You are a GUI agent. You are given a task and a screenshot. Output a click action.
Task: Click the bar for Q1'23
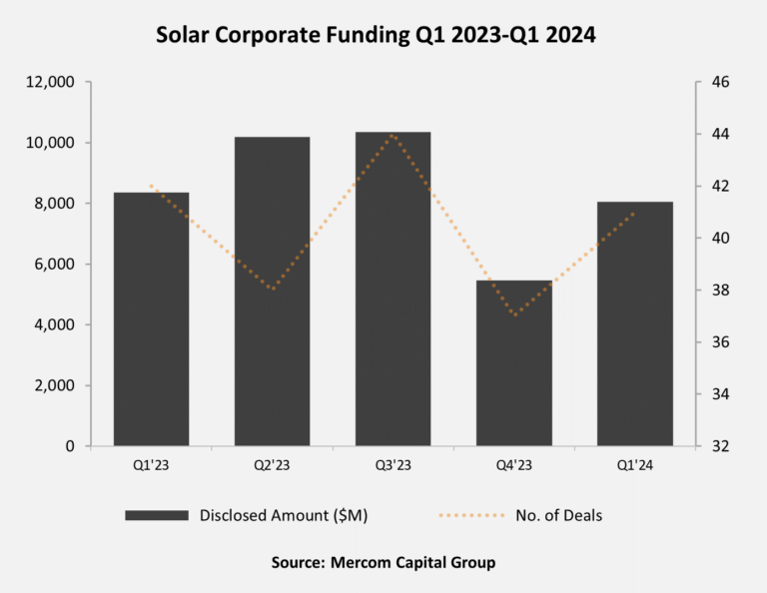(151, 318)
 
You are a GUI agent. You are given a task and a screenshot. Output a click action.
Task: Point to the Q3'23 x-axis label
(392, 463)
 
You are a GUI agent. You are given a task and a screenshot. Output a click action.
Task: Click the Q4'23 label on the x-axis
(513, 463)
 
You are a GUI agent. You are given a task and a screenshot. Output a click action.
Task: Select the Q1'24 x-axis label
(634, 463)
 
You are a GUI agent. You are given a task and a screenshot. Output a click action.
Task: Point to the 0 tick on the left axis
(70, 446)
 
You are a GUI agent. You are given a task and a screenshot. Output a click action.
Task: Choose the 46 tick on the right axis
(720, 82)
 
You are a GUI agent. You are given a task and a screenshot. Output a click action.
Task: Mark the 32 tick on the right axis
(720, 446)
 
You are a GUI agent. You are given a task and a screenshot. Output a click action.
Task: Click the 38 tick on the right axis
(720, 291)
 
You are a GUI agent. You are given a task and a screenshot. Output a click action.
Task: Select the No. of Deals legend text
(558, 516)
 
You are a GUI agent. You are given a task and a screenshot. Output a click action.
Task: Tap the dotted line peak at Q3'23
(392, 135)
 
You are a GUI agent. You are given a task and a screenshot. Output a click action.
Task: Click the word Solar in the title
(186, 35)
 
